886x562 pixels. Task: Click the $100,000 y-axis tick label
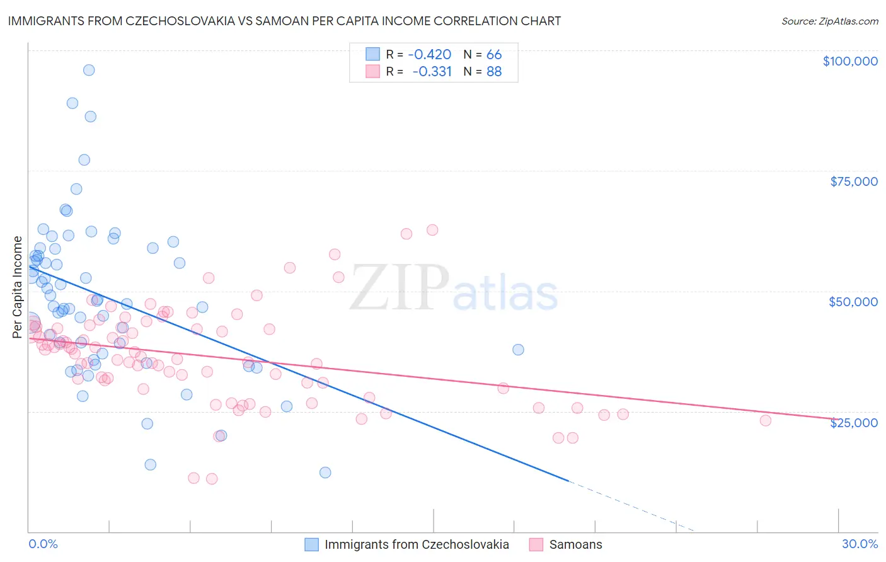(849, 61)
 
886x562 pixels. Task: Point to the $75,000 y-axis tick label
(853, 181)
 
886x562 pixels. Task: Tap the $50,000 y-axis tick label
(853, 302)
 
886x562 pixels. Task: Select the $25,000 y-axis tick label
(853, 422)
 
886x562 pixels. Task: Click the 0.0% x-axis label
(43, 544)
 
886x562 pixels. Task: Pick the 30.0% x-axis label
(860, 544)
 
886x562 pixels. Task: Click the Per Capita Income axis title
(18, 287)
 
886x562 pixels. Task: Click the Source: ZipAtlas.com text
(829, 21)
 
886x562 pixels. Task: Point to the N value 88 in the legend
(494, 71)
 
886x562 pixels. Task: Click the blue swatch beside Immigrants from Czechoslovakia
(311, 544)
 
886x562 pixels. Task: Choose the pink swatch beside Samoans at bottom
(536, 544)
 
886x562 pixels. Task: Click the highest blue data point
(89, 70)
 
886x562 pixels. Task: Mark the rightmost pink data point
(766, 420)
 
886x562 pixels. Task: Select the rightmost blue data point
(518, 350)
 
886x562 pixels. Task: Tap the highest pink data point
(432, 230)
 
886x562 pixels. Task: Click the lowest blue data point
(325, 473)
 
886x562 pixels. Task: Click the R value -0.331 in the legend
(432, 71)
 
